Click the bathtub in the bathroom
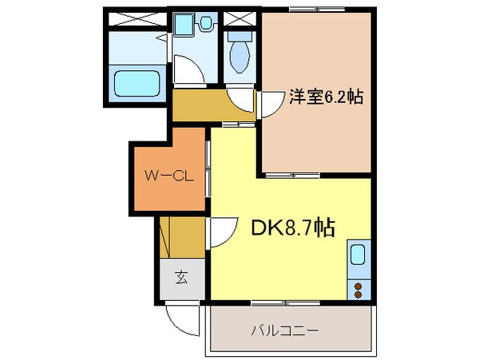click(138, 82)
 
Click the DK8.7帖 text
click(294, 229)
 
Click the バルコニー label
click(286, 330)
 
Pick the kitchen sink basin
click(358, 257)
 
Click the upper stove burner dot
click(358, 284)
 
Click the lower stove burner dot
click(358, 295)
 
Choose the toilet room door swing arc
click(239, 99)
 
